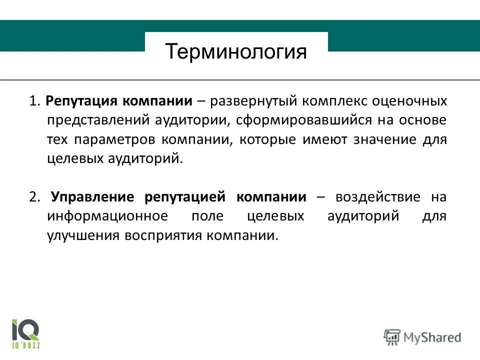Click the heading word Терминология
[236, 51]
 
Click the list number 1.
[33, 101]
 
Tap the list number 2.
[34, 197]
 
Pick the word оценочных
[411, 101]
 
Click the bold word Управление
[94, 197]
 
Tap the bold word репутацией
[186, 197]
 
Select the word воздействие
[378, 197]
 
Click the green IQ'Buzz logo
[25, 332]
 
